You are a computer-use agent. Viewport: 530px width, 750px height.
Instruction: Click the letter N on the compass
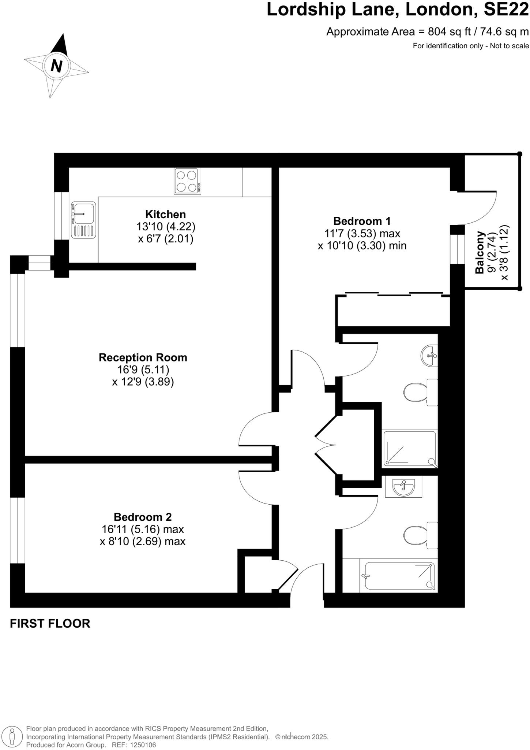coord(56,66)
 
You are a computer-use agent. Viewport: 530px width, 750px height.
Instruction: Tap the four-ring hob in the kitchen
coord(187,181)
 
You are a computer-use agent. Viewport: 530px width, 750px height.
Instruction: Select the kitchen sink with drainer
coord(83,220)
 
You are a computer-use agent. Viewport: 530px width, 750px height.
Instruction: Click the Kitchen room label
coord(165,214)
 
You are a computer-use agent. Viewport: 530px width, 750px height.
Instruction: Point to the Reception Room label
coord(143,357)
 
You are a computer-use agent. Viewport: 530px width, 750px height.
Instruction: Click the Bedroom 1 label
coord(362,221)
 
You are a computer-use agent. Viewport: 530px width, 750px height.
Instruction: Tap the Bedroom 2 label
coord(142,517)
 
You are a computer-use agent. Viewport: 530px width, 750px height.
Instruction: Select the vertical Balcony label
coord(480,252)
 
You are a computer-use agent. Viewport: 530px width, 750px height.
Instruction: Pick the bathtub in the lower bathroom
coord(399,576)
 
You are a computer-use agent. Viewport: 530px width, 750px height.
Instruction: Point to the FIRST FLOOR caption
coord(50,624)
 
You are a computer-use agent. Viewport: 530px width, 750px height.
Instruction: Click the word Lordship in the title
coord(306,10)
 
